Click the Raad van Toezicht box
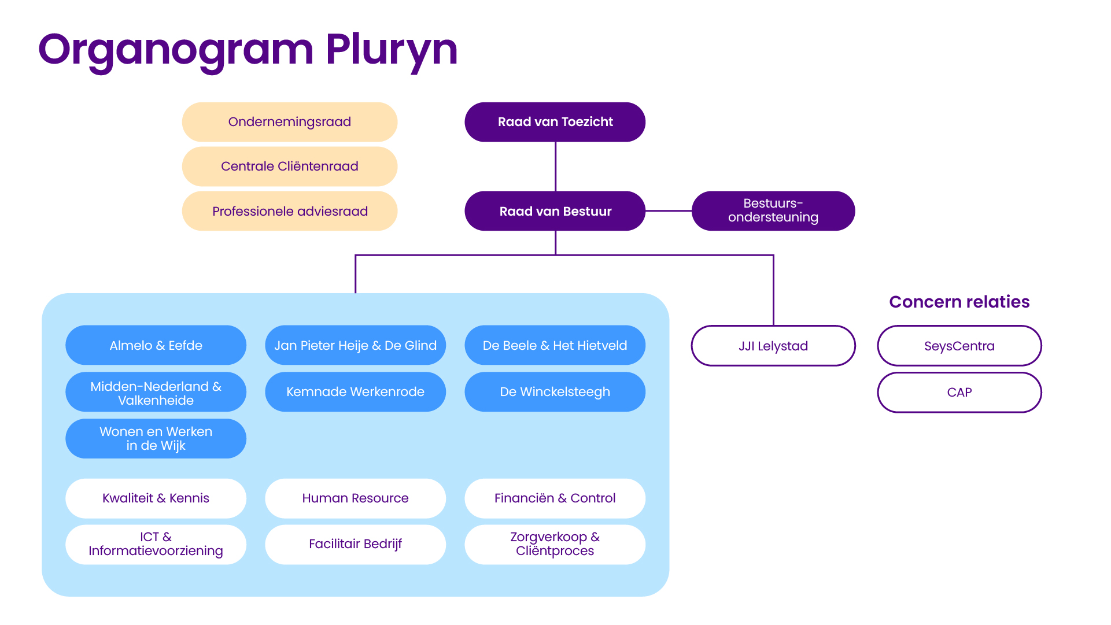[x=555, y=122]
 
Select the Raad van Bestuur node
[x=555, y=211]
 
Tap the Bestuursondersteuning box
[x=773, y=211]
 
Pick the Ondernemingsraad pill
[x=289, y=122]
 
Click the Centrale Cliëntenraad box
[x=289, y=167]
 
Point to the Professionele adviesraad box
[x=289, y=211]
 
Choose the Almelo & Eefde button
[x=156, y=345]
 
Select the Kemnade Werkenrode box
[x=355, y=392]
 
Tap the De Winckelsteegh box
[x=555, y=392]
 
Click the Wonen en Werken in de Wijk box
[x=156, y=438]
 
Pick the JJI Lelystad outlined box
[x=773, y=346]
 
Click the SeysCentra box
[x=959, y=346]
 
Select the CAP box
[x=959, y=392]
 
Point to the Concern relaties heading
[x=959, y=302]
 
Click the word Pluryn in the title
[x=392, y=50]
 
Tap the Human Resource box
[x=355, y=498]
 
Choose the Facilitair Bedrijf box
[x=355, y=544]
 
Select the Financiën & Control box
[x=555, y=498]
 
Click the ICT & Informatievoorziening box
[x=156, y=544]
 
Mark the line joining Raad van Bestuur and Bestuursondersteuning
[x=669, y=211]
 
